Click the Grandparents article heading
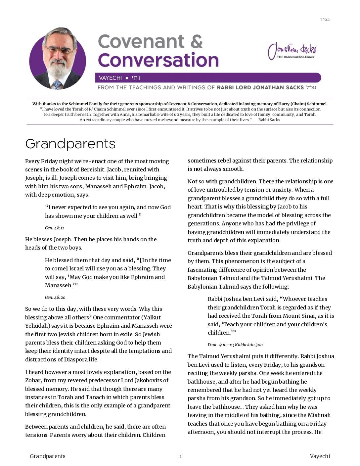click(x=70, y=144)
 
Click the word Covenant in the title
click(x=141, y=42)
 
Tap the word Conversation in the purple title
click(x=158, y=60)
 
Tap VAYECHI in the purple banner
click(x=110, y=78)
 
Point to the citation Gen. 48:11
click(x=54, y=228)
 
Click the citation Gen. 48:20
click(x=55, y=298)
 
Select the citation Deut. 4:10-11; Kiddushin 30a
click(x=235, y=345)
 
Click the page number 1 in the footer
click(x=181, y=456)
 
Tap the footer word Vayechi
click(x=320, y=456)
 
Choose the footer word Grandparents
click(x=48, y=456)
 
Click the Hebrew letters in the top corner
click(x=325, y=20)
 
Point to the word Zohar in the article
click(x=33, y=381)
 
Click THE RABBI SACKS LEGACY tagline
click(x=295, y=57)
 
